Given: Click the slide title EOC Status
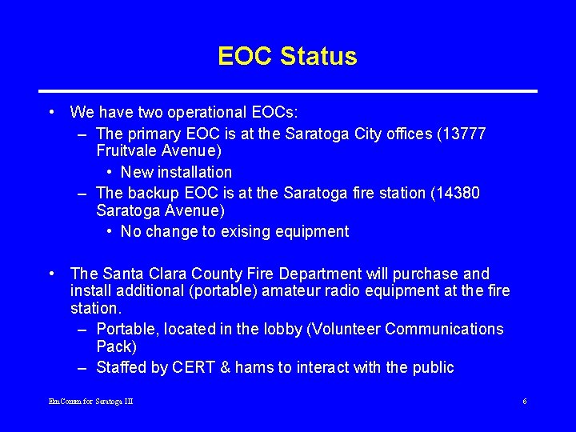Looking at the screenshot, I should pos(287,57).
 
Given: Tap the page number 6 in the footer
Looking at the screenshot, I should pos(524,401).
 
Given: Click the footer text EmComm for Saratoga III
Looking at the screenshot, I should pos(90,401).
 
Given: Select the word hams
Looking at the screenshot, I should pos(259,368).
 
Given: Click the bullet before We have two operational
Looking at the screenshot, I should pos(50,112).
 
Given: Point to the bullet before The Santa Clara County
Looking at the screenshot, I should pos(50,274).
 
